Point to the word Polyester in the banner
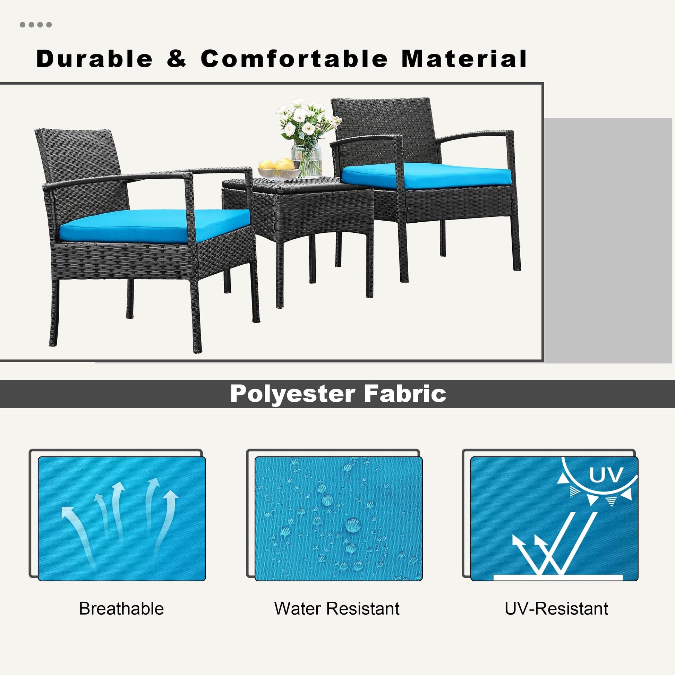point(292,394)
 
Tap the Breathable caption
point(121,609)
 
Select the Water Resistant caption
point(337,609)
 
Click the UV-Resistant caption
point(556,609)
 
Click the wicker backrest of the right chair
point(384,129)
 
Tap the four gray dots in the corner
point(36,25)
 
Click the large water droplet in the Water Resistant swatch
point(352,525)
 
